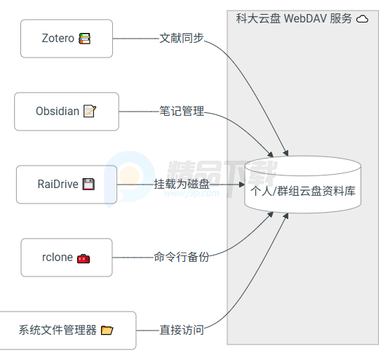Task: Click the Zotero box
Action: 67,39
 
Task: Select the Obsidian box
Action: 67,112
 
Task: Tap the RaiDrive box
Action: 67,185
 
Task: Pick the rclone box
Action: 67,258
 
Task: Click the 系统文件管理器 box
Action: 67,331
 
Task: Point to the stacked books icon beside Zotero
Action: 84,39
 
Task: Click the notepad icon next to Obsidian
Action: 90,111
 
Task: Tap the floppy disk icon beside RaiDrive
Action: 88,184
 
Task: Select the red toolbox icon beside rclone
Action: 83,258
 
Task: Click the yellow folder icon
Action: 107,331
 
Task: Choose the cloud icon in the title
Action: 362,19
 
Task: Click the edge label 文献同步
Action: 182,38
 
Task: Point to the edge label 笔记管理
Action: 182,111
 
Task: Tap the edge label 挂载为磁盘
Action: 182,184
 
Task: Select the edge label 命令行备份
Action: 182,257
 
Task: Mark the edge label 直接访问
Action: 182,330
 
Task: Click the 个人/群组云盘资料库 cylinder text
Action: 303,191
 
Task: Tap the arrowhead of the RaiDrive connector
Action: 242,185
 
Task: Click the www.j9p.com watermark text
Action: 192,194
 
